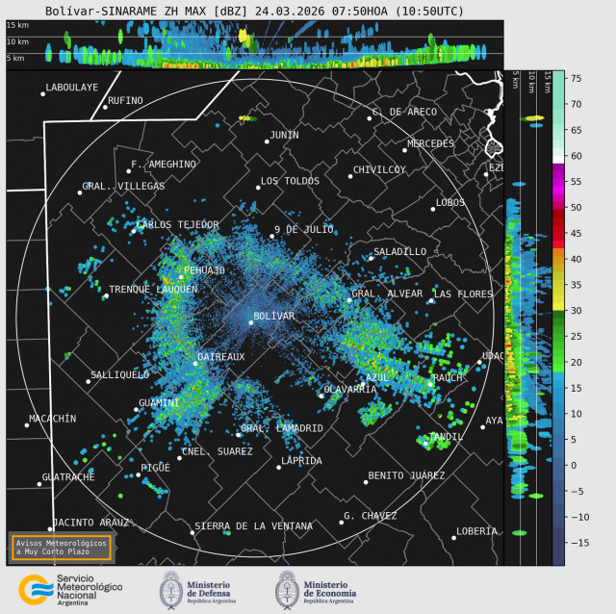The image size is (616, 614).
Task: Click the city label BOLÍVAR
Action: point(273,316)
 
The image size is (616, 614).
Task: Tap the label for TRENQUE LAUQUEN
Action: point(153,289)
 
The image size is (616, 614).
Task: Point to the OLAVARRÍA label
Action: point(349,389)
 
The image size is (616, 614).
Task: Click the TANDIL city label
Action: point(446,436)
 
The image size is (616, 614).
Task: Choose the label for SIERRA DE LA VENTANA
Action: point(253,526)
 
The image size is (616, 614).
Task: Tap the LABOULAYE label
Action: point(72,87)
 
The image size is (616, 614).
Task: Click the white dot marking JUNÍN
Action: point(267,141)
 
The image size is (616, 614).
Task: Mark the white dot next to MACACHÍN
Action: point(27,424)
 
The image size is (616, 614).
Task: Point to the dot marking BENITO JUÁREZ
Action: point(366,481)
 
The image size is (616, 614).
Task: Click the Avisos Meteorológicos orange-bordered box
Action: point(62,547)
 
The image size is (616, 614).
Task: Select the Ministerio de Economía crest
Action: point(287,589)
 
